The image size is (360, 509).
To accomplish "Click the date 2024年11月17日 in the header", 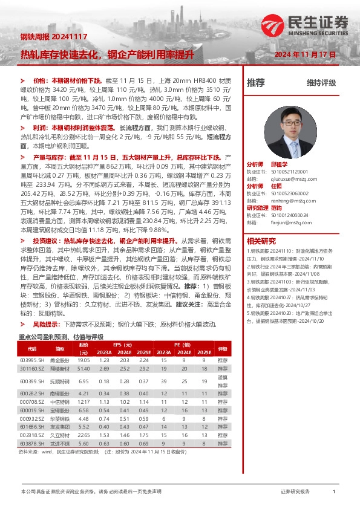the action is point(306,54).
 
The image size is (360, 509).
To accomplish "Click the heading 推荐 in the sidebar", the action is point(256,83).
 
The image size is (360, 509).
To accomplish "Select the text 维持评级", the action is point(321,83).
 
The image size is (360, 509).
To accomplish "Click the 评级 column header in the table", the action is point(222,349).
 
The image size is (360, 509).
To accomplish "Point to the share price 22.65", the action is point(83,434).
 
